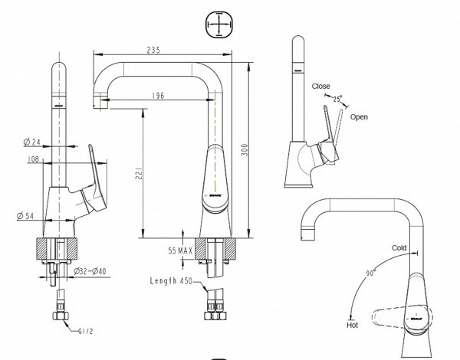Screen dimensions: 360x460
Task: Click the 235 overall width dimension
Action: tap(153, 50)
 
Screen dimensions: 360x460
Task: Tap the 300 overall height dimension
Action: tap(245, 150)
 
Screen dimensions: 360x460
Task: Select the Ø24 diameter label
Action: tap(31, 142)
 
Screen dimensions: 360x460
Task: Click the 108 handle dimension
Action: tap(34, 160)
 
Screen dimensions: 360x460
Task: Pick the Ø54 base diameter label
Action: tap(25, 218)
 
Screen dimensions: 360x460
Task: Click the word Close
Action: tap(321, 87)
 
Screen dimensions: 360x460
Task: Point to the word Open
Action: tap(359, 117)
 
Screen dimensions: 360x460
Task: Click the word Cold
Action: tap(399, 248)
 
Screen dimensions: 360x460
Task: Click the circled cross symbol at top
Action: tap(219, 27)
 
